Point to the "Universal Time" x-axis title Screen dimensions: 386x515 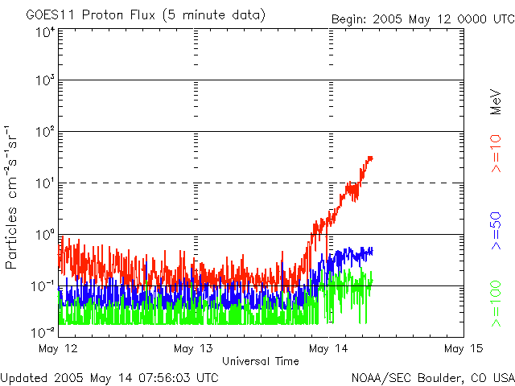click(x=261, y=361)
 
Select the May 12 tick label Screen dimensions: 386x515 click(x=58, y=348)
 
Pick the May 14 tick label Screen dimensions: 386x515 click(x=328, y=348)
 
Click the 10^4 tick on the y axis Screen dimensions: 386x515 click(x=45, y=32)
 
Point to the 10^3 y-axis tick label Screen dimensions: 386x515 click(x=45, y=81)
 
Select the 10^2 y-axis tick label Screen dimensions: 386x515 click(x=45, y=132)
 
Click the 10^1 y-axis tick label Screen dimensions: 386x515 click(x=45, y=183)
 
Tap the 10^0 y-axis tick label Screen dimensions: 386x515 click(x=45, y=235)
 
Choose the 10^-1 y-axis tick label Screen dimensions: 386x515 click(x=43, y=286)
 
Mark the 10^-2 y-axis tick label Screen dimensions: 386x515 click(x=43, y=331)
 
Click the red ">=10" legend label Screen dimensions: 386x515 click(x=496, y=154)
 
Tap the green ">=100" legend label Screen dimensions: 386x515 click(x=496, y=306)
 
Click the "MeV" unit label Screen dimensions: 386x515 click(x=496, y=101)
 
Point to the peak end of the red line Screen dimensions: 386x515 click(x=371, y=158)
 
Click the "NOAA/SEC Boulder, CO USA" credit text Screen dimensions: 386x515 click(x=432, y=376)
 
